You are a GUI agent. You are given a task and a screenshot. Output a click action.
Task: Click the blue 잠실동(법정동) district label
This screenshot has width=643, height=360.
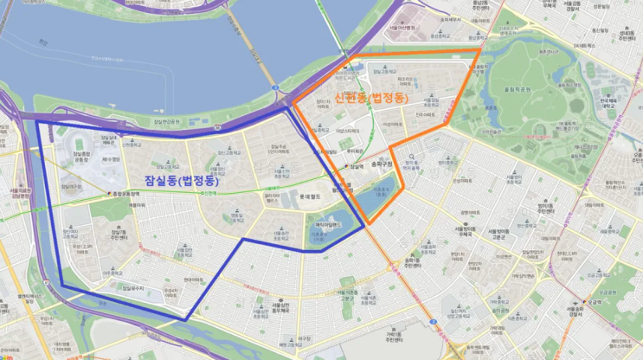[x=183, y=181]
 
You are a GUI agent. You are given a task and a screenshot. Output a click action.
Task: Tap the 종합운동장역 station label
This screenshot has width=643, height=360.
[x=127, y=193]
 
